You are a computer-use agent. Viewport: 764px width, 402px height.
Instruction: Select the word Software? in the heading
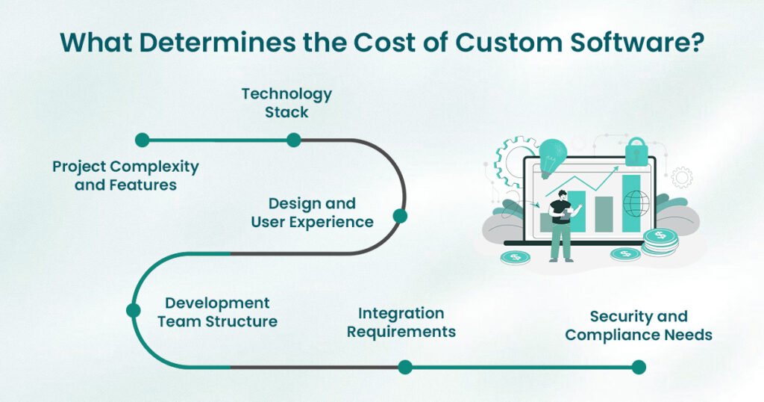640,42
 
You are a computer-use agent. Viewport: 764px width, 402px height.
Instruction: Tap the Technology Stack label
286,103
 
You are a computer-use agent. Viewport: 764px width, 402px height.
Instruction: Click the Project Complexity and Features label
125,175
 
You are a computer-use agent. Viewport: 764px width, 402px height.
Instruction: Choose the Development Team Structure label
221,312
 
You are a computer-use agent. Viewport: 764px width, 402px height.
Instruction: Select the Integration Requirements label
401,322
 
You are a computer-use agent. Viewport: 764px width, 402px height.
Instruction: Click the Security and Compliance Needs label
639,326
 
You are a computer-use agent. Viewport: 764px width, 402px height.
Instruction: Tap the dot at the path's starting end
142,140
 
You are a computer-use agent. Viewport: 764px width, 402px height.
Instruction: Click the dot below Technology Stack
293,140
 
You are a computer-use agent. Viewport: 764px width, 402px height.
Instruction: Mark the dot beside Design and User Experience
400,217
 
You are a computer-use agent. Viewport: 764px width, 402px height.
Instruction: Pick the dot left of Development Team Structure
134,310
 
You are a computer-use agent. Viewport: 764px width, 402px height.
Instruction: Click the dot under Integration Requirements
404,367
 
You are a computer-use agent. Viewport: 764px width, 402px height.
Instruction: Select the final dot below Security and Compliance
638,367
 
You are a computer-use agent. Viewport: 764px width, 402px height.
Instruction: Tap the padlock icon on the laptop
636,151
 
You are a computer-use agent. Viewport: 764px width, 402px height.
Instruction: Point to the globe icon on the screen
636,203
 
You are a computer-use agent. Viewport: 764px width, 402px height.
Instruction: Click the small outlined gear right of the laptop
681,177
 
